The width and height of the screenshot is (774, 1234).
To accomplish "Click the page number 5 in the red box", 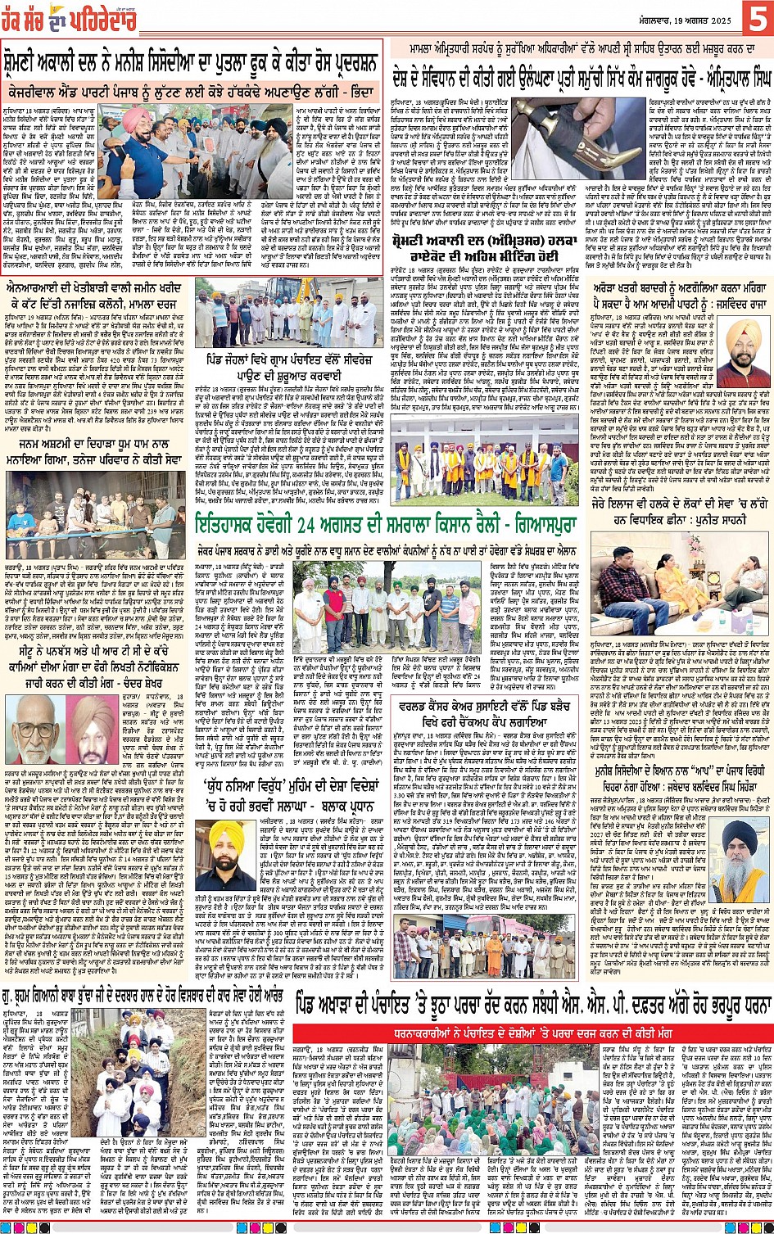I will pos(758,20).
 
